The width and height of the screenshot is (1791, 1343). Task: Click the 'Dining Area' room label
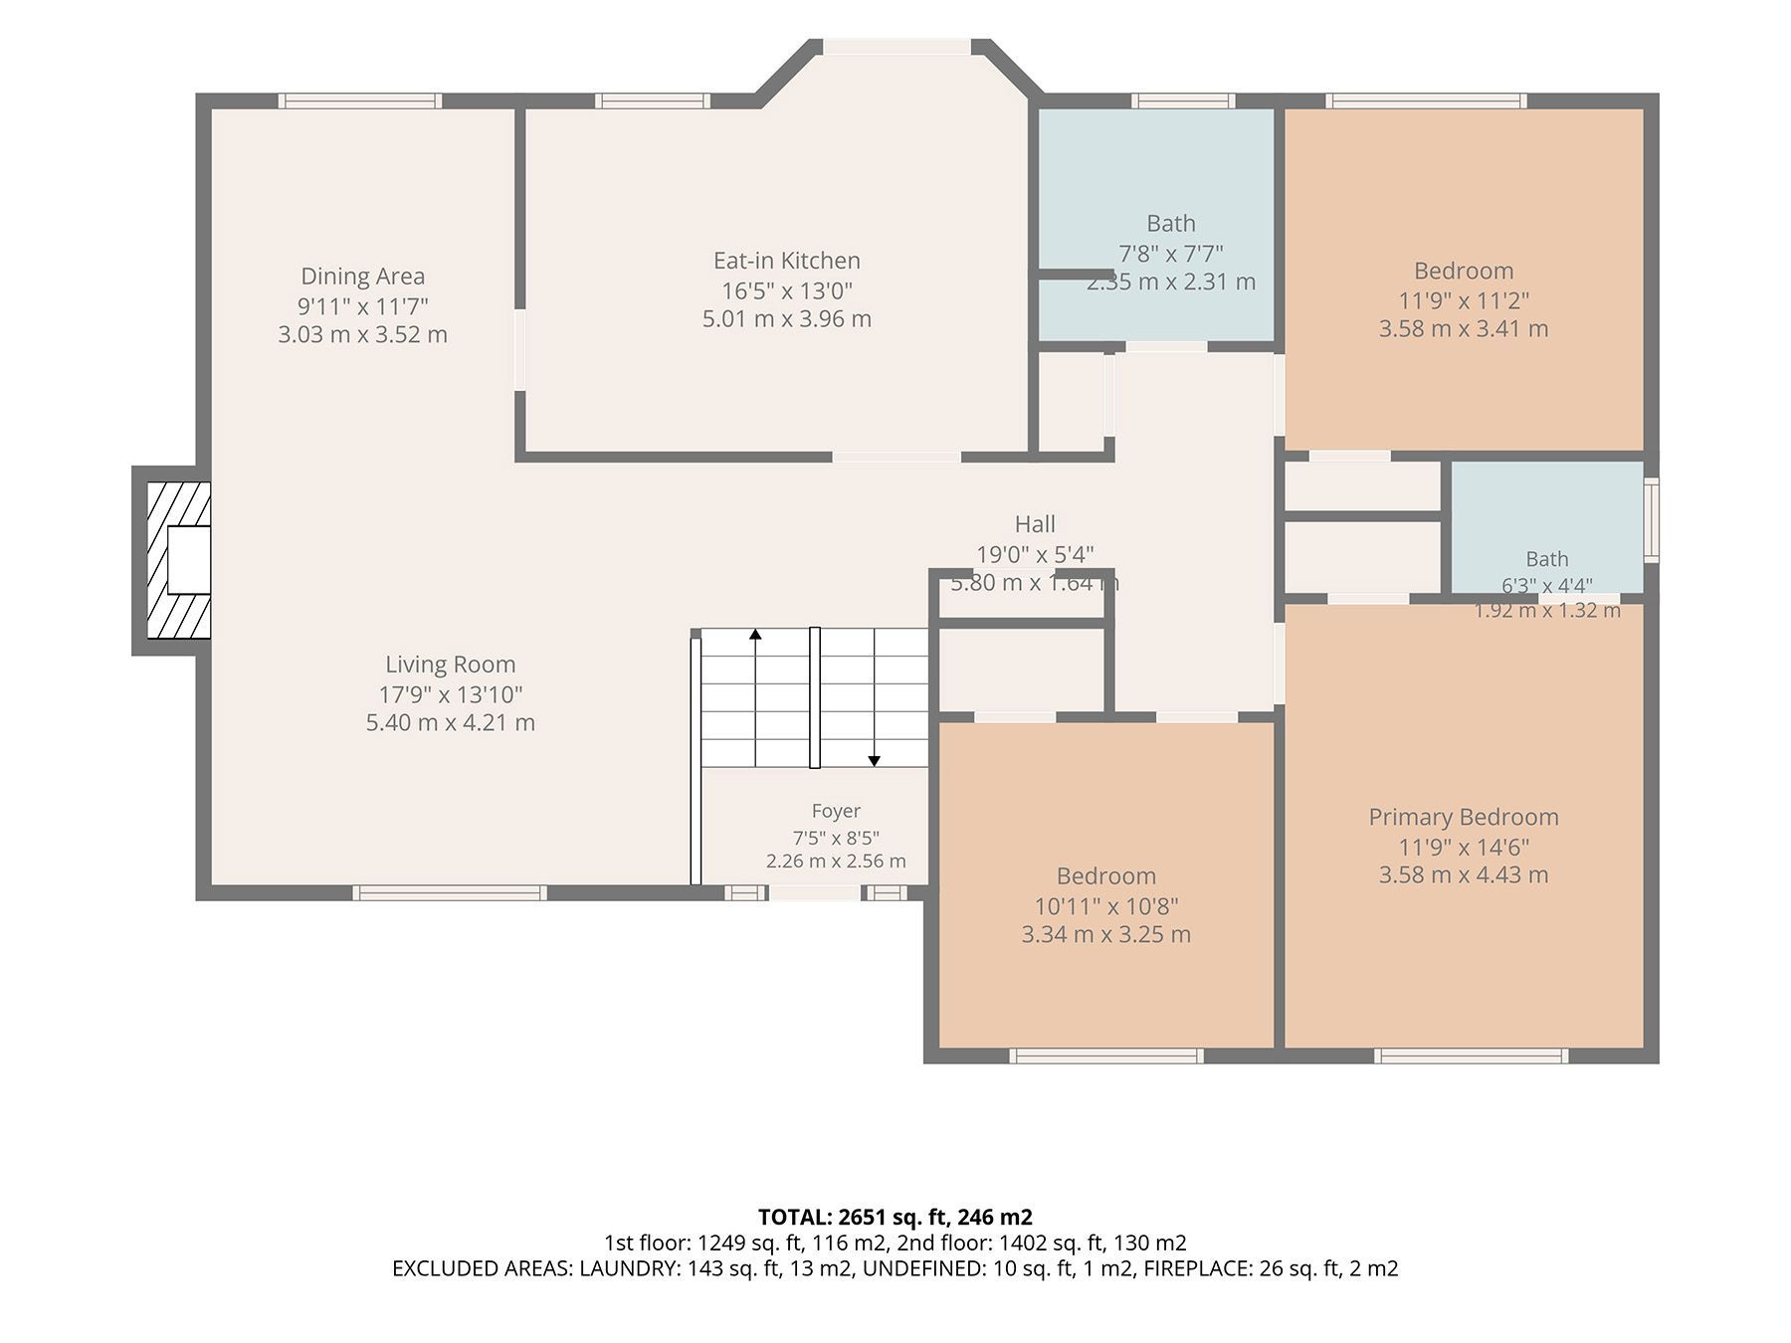point(362,276)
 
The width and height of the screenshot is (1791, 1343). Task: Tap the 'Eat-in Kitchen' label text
point(786,260)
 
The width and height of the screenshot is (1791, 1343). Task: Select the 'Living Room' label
point(450,665)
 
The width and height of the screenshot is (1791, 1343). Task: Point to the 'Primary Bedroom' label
point(1463,817)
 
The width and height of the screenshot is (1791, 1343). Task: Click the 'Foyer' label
point(836,811)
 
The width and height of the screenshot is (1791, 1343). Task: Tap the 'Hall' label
point(1035,524)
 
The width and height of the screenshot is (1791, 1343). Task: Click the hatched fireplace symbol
point(179,560)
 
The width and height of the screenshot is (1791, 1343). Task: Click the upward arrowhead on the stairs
point(755,634)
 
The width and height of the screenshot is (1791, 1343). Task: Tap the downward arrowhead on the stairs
point(874,761)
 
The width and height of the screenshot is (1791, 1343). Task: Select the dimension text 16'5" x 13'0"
point(786,290)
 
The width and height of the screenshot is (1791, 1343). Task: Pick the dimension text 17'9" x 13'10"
point(450,694)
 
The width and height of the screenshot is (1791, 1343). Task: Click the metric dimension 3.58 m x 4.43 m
point(1463,874)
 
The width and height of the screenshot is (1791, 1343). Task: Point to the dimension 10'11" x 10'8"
point(1105,906)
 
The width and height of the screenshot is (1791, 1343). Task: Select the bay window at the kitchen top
point(896,47)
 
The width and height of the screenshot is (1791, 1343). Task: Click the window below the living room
point(451,893)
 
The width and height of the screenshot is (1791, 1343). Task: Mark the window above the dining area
point(359,100)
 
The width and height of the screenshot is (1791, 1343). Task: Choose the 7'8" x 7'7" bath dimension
point(1170,254)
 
